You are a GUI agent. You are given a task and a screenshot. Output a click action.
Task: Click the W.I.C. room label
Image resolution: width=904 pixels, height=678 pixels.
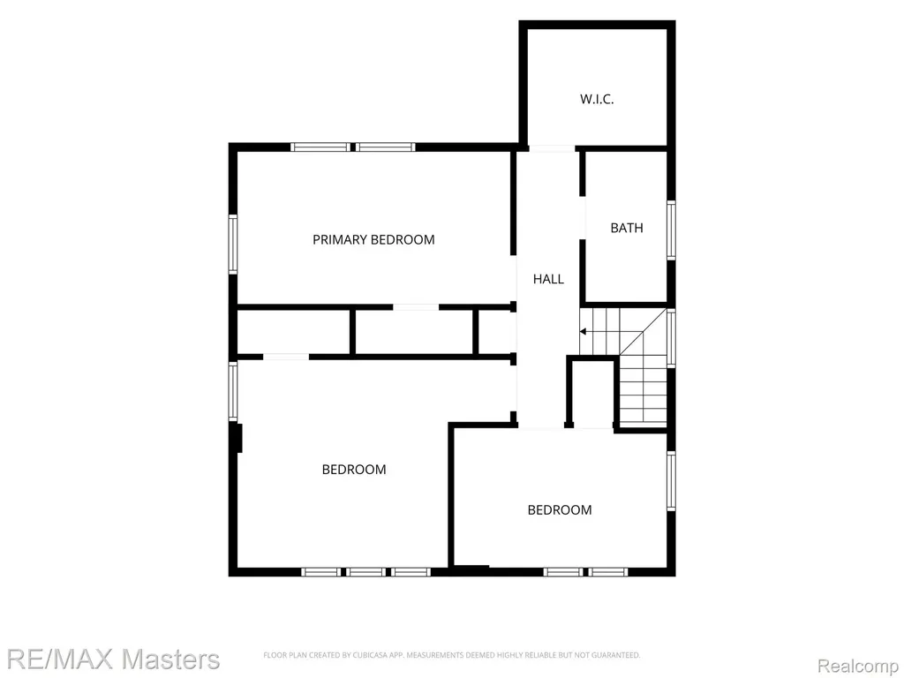pyautogui.click(x=597, y=99)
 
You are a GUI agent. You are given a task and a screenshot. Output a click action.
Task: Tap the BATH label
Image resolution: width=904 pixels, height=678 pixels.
pyautogui.click(x=627, y=228)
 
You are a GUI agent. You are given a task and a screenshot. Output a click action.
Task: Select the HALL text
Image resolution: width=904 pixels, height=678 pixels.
pyautogui.click(x=548, y=279)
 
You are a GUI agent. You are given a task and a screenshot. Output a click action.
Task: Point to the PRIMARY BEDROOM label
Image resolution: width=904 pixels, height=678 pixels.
pyautogui.click(x=373, y=239)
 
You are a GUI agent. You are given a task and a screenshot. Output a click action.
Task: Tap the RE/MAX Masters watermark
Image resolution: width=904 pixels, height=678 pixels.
pyautogui.click(x=113, y=659)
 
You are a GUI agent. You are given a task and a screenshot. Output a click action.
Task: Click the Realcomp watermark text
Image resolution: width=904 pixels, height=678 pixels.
pyautogui.click(x=859, y=666)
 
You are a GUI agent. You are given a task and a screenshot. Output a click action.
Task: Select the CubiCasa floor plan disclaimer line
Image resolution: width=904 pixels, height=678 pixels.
pyautogui.click(x=451, y=655)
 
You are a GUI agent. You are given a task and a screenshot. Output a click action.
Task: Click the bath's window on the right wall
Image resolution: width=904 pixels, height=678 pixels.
pyautogui.click(x=671, y=230)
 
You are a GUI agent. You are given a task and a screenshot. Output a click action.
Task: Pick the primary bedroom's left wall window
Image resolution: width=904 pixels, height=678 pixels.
pyautogui.click(x=233, y=244)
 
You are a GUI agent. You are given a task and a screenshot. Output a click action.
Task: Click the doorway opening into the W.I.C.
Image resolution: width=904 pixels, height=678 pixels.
pyautogui.click(x=552, y=148)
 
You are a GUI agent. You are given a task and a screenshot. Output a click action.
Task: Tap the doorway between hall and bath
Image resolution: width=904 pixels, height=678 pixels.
pyautogui.click(x=583, y=217)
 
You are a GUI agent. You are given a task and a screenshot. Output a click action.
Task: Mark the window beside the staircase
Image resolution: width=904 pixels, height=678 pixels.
pyautogui.click(x=671, y=338)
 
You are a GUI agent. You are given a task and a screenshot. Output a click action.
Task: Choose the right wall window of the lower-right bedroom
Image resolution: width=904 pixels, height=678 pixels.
pyautogui.click(x=671, y=481)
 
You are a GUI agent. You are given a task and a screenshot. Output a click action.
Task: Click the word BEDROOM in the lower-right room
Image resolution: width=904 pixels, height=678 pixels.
pyautogui.click(x=559, y=509)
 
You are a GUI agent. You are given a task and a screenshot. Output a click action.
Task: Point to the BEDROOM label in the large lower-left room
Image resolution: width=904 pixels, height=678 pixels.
pyautogui.click(x=354, y=470)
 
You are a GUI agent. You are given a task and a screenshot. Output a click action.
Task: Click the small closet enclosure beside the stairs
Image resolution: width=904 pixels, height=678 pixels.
pyautogui.click(x=592, y=392)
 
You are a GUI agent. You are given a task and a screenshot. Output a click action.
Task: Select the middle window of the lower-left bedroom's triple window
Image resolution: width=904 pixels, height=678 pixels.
pyautogui.click(x=366, y=572)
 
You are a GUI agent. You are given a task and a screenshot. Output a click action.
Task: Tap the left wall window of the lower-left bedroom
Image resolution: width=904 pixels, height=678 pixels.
pyautogui.click(x=233, y=391)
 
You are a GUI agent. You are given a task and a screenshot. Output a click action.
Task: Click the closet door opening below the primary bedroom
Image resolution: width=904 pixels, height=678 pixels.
pyautogui.click(x=417, y=306)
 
